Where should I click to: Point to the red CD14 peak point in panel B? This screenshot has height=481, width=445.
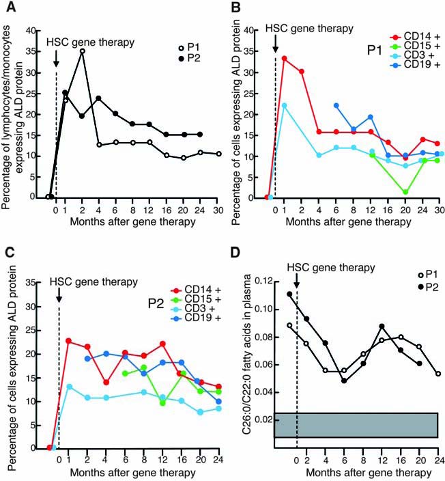pyautogui.click(x=284, y=58)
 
